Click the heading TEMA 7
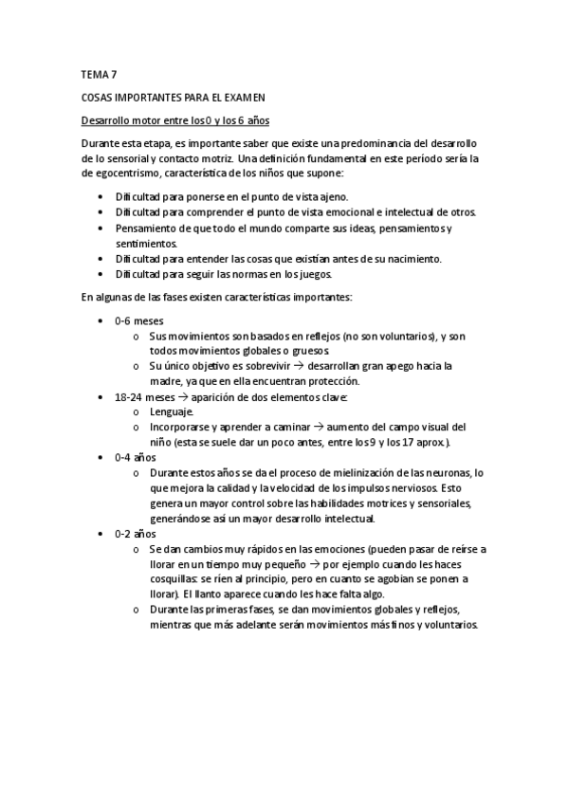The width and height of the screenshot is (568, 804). (99, 73)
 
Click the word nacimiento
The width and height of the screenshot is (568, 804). (412, 258)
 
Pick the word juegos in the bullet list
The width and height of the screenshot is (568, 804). (313, 274)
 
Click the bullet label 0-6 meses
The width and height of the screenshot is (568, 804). (139, 320)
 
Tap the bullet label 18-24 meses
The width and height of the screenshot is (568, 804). (144, 396)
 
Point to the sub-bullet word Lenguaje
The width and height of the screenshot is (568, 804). (172, 411)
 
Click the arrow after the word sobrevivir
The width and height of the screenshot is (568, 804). (294, 365)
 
